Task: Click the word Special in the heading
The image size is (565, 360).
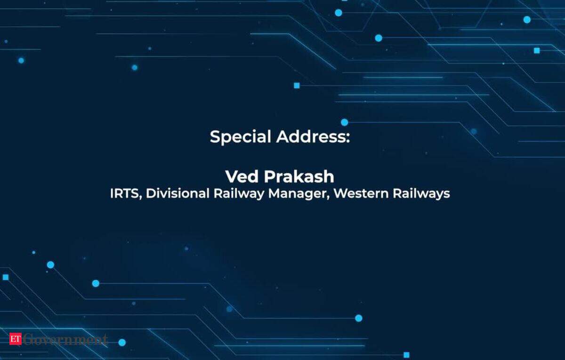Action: [x=240, y=137]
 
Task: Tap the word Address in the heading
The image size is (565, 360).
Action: [x=311, y=136]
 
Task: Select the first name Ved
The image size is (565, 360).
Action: [x=242, y=176]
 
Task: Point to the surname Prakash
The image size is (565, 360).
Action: [x=299, y=176]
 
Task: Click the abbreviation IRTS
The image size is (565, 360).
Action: [x=124, y=193]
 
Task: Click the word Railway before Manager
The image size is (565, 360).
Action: [x=239, y=194]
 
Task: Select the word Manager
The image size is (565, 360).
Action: [x=298, y=194]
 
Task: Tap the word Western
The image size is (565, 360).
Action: [x=361, y=193]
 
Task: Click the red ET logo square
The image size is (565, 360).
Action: [x=16, y=339]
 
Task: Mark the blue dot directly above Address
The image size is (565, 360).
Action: [x=344, y=122]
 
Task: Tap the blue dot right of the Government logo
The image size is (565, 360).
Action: [x=122, y=343]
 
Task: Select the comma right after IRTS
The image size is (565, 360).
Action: [x=140, y=197]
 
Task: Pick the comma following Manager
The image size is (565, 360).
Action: [x=328, y=197]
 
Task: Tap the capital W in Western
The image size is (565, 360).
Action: [x=341, y=193]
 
